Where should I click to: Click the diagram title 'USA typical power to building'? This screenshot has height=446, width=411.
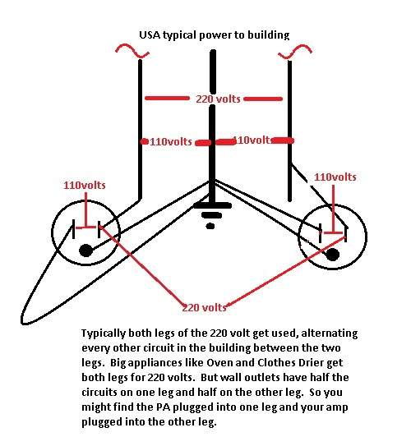[214, 35]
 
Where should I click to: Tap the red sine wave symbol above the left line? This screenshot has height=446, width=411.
[132, 51]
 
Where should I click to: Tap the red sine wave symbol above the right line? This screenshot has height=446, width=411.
[295, 52]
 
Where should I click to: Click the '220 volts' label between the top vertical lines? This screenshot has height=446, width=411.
[218, 99]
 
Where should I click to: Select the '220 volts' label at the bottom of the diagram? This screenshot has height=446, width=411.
[204, 307]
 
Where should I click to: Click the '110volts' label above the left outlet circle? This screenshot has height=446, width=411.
[85, 185]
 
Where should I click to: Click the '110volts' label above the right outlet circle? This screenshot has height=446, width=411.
[335, 177]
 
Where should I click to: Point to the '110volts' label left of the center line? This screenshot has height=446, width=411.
[171, 141]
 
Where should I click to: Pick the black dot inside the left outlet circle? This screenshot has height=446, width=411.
[86, 251]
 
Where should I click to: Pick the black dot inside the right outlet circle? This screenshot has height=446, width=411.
[332, 254]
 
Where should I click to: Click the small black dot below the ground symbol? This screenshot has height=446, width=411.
[210, 226]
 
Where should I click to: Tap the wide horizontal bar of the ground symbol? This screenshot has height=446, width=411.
[212, 205]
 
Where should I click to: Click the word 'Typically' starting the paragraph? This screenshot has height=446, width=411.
[103, 333]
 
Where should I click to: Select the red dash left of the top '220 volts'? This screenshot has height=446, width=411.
[167, 99]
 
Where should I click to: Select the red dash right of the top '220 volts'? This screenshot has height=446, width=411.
[263, 99]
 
